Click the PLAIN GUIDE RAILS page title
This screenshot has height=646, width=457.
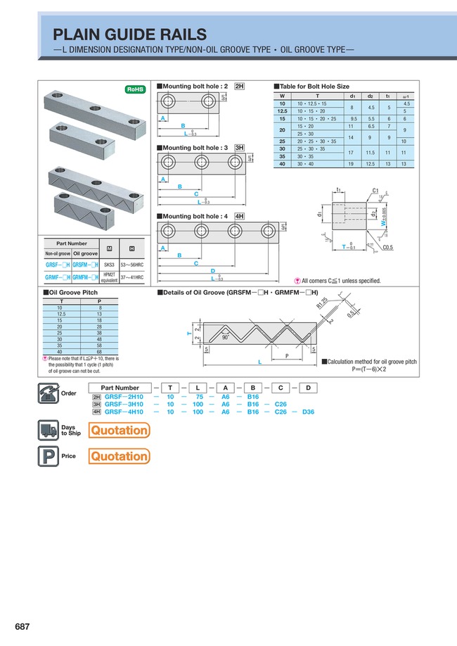(130, 34)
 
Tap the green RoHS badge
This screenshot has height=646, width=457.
(134, 89)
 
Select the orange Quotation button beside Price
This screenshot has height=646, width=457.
(119, 456)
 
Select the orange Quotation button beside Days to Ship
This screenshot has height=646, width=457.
(119, 430)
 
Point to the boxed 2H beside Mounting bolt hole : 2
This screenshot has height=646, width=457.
(240, 86)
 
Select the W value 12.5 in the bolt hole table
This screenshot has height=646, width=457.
(283, 110)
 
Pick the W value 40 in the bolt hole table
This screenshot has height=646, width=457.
(283, 163)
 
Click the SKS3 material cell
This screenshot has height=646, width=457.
(109, 265)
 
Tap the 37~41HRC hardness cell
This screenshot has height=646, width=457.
(131, 277)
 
